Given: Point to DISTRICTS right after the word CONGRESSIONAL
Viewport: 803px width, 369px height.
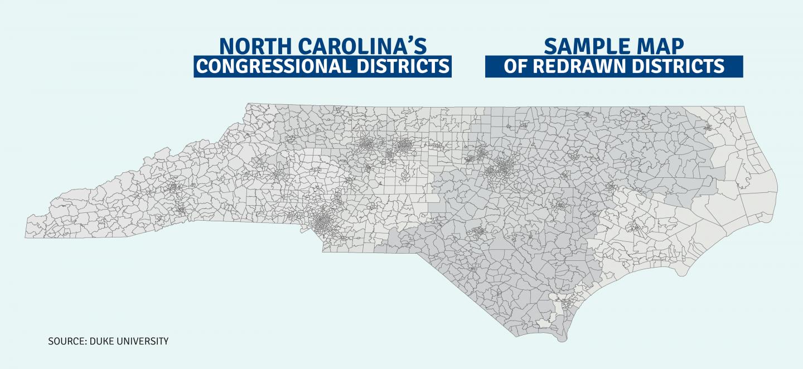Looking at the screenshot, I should (x=403, y=66).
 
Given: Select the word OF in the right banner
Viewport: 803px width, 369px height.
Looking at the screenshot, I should (x=515, y=66).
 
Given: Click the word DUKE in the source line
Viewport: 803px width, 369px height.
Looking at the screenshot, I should (x=101, y=341).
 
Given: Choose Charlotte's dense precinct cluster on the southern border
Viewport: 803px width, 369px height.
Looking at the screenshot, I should (x=322, y=222).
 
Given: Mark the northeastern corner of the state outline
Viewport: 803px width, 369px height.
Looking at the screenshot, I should (x=744, y=107).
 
